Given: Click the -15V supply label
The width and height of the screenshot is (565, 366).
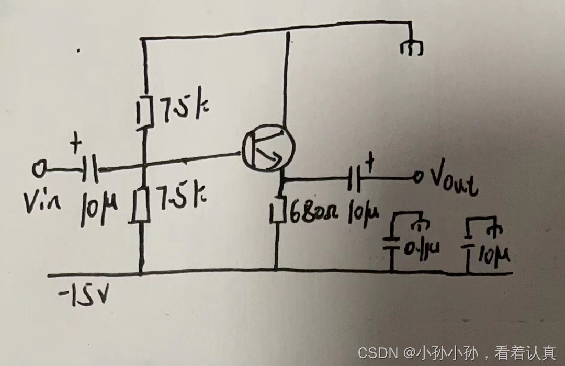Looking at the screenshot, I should coord(86,296).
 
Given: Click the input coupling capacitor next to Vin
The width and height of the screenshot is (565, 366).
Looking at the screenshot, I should coord(91,169).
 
